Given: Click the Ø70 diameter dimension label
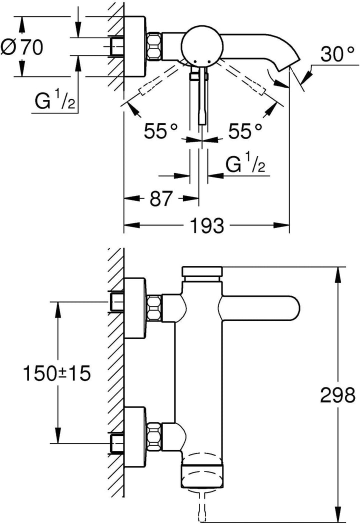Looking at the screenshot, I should [22, 47].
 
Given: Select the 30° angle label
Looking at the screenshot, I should [334, 54].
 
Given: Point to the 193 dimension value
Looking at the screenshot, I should [207, 226].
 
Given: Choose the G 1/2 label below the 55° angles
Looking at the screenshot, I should [245, 164].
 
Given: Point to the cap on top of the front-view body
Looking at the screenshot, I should [202, 272].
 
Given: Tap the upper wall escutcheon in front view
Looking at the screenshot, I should [134, 303].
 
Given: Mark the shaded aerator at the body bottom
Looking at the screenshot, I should [202, 474].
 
